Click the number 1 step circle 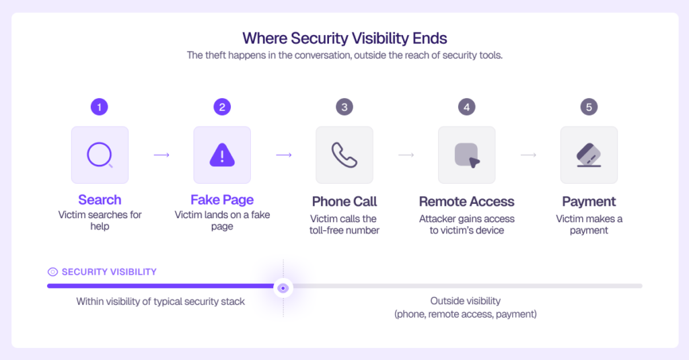click(100, 107)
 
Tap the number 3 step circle click(344, 107)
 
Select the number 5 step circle click(589, 107)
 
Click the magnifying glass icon click(100, 155)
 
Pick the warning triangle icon click(222, 155)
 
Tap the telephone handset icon click(344, 155)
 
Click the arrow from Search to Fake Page click(161, 155)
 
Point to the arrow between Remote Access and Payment click(528, 155)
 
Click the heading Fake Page click(222, 200)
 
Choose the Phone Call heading click(344, 201)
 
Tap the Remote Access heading click(467, 201)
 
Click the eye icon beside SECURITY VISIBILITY click(52, 272)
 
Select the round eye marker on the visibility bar click(283, 289)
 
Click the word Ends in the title click(430, 38)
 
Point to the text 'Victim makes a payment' click(589, 225)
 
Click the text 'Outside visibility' click(466, 301)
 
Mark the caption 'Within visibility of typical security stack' click(160, 301)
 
